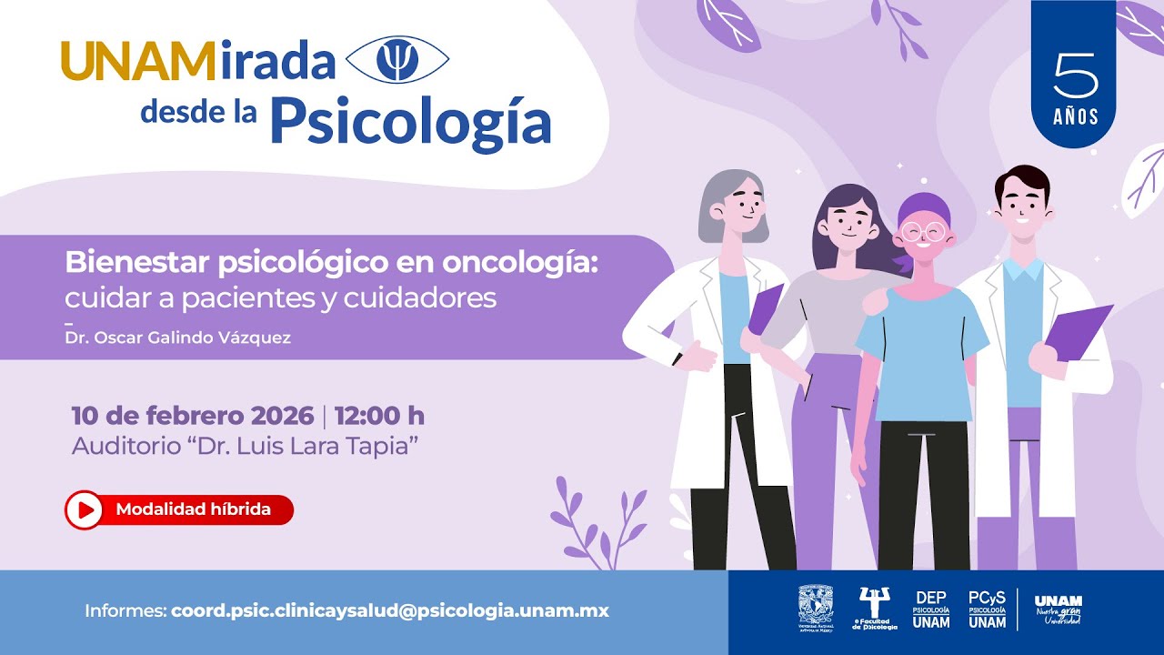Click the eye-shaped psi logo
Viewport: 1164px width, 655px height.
398,61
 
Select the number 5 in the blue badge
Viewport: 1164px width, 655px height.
1074,76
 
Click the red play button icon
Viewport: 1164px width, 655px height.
84,510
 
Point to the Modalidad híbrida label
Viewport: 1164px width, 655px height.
193,509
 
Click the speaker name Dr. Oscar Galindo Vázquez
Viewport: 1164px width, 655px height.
178,338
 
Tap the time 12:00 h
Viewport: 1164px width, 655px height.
379,416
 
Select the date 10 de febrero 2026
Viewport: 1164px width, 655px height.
193,416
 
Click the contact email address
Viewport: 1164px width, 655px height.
390,610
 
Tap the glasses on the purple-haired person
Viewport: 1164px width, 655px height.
924,231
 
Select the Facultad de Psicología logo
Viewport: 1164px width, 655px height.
875,609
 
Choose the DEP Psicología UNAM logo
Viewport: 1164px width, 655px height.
931,610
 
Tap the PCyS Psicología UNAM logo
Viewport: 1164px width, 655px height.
988,610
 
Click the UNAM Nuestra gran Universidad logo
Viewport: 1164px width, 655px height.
1059,610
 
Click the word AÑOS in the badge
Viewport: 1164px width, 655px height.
1076,117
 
